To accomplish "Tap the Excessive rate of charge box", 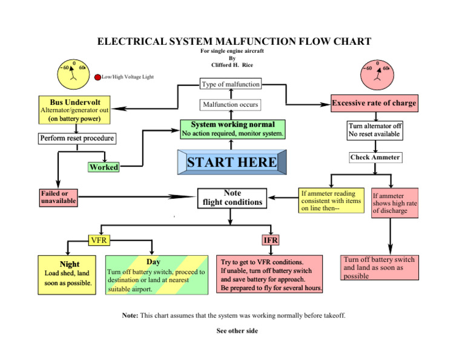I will [374, 103].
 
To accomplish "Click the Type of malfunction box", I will [230, 84].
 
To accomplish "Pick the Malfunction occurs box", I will [230, 105].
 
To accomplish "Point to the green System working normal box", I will [232, 128].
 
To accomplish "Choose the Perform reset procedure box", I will [77, 138].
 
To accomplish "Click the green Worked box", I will [104, 167].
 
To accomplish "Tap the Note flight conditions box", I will [232, 198].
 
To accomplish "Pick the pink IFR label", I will [270, 240].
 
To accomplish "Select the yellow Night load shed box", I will [67, 273].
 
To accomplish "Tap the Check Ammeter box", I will [375, 158].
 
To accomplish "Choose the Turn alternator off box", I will [375, 130].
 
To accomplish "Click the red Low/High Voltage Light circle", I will [97, 78].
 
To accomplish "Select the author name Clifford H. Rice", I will [232, 64].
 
